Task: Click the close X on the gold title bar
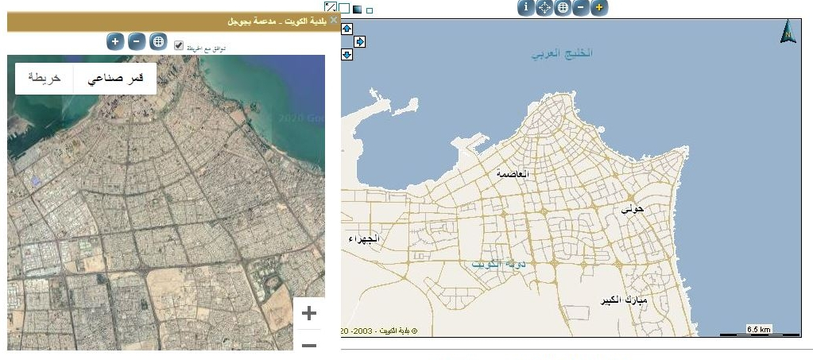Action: [x=335, y=21]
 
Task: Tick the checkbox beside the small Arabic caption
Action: [x=179, y=45]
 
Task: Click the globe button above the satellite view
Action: [x=157, y=41]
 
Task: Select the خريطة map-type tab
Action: [x=45, y=78]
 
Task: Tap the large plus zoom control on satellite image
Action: [x=309, y=313]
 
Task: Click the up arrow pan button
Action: [x=346, y=29]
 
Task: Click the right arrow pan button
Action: [x=359, y=41]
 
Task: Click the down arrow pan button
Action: [x=346, y=54]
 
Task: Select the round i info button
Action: [x=525, y=8]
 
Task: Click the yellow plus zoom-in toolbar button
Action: [x=599, y=8]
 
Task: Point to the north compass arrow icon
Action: [x=788, y=32]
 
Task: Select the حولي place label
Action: [x=633, y=208]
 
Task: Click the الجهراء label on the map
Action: [x=365, y=239]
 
